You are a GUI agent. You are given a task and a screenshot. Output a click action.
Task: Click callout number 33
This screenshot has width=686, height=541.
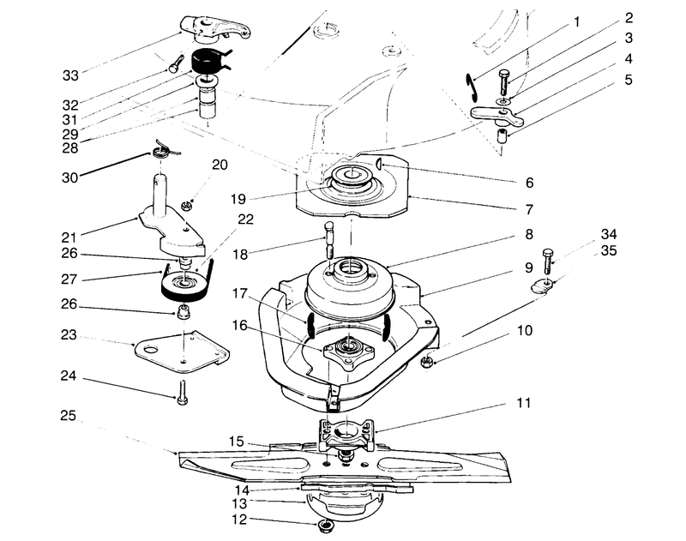click(x=71, y=75)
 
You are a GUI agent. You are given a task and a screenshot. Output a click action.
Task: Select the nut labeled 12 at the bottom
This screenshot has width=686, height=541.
click(x=327, y=523)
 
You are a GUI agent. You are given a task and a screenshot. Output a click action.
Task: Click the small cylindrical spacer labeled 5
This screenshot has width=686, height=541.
click(x=506, y=137)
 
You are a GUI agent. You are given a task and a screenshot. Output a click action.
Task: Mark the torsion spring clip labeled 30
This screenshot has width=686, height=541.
click(x=162, y=150)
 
